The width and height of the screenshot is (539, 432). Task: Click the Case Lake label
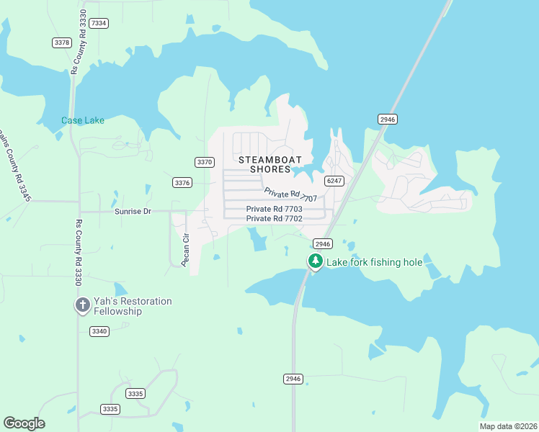82,120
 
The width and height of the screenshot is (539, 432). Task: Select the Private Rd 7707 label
290,194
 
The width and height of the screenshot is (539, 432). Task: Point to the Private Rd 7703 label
274,209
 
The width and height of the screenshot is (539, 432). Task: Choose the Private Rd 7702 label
274,218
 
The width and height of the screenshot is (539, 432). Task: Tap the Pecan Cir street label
185,249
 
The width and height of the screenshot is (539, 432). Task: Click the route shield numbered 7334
99,23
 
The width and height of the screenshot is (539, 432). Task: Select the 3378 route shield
62,42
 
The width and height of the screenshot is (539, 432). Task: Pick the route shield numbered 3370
205,162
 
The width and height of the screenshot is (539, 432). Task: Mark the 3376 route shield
182,183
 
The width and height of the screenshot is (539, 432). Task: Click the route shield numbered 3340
99,331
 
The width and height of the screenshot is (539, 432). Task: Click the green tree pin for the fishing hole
315,261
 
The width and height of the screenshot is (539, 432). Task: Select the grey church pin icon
82,305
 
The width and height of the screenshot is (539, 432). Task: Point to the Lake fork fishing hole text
375,262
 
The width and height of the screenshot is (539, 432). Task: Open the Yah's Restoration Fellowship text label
132,306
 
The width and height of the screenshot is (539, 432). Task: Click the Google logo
24,423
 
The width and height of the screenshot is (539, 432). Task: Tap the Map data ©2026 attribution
507,426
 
